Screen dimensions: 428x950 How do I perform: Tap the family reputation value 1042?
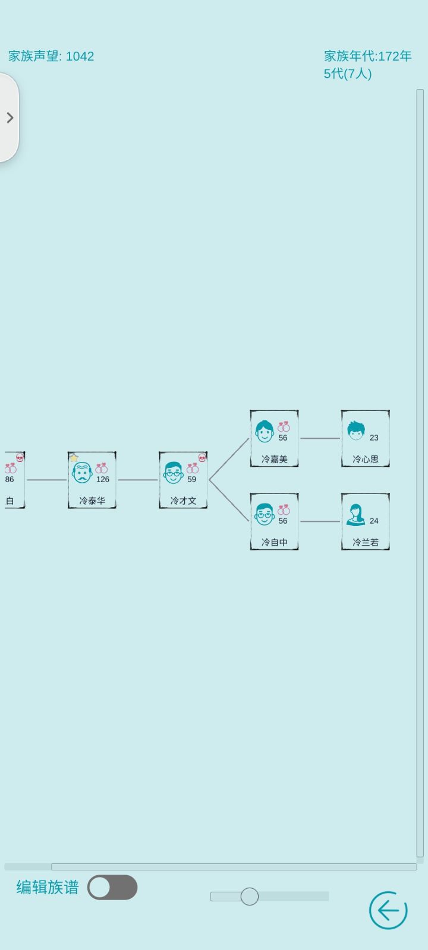80,56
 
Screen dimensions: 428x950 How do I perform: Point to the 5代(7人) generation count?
348,74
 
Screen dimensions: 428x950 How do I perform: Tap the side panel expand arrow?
10,118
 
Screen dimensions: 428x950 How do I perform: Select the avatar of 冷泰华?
82,473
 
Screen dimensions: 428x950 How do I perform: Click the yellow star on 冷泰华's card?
74,458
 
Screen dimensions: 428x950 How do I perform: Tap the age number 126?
103,479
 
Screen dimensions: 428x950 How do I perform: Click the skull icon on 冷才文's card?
202,458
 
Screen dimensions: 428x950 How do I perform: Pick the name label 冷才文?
183,501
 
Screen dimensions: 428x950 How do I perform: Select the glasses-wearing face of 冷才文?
173,473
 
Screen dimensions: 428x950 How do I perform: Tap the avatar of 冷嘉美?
264,431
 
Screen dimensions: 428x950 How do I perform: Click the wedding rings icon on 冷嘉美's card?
284,426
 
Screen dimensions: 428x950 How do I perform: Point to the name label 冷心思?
365,460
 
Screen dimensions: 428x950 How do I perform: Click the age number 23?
374,438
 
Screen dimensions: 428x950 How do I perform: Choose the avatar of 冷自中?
264,514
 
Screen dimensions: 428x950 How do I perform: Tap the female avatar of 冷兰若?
355,514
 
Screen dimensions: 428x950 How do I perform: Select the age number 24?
374,521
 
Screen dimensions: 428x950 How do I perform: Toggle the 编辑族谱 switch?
112,887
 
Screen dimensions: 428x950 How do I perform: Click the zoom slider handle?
249,897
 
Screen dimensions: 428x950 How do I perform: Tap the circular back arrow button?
388,910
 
